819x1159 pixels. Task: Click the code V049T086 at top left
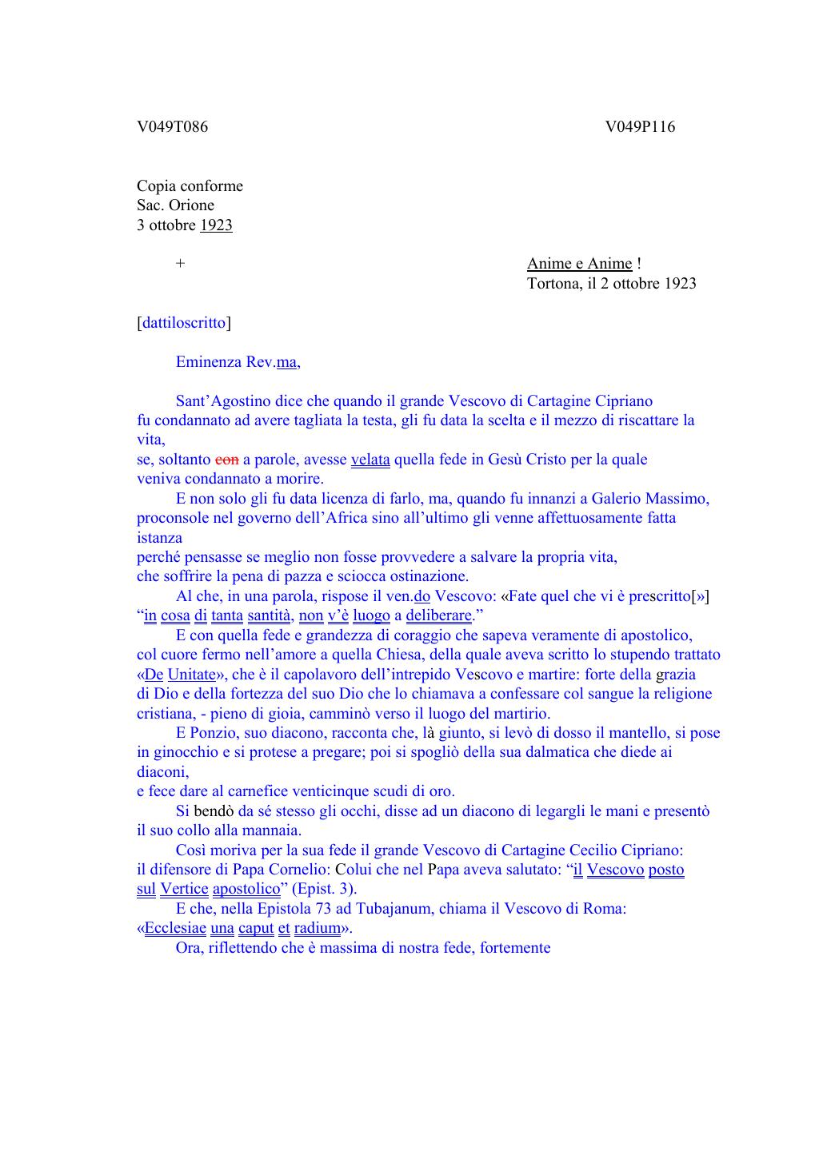172,127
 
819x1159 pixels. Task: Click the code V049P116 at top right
640,127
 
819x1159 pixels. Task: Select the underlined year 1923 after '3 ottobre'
216,225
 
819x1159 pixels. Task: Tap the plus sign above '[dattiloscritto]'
181,264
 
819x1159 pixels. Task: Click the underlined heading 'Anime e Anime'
579,264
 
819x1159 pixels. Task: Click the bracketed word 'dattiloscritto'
184,323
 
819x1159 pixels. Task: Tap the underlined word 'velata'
370,460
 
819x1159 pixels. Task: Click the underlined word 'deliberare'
439,615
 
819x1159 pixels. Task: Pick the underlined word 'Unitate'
192,675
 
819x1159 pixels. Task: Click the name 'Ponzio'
213,733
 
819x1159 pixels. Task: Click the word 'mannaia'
276,830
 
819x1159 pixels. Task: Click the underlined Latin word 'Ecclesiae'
175,928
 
